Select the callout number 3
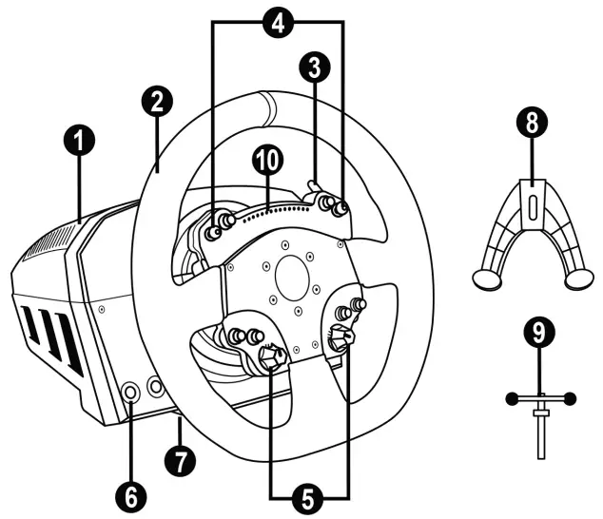point(313,66)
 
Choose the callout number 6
point(132,495)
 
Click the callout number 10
point(268,162)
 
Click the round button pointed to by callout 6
point(132,390)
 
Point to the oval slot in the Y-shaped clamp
point(533,207)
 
